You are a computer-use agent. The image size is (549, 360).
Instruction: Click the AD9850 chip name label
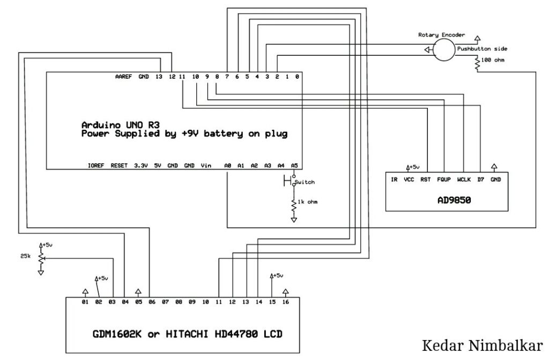coord(454,200)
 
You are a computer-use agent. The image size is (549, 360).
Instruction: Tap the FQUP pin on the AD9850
coord(443,180)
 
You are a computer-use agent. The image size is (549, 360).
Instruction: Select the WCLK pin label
coord(464,180)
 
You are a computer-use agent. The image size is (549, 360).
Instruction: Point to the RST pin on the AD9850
coord(425,180)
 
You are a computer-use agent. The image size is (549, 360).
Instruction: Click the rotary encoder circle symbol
coord(444,50)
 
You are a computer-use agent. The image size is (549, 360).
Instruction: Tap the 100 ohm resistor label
coord(493,60)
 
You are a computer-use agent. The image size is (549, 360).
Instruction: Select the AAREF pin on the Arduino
coord(123,76)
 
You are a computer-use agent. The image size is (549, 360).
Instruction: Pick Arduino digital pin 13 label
coord(159,76)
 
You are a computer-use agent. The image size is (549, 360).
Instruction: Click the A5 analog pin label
coord(294,165)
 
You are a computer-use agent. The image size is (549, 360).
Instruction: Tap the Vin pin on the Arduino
coord(206,165)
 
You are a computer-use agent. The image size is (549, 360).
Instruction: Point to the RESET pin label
coord(119,165)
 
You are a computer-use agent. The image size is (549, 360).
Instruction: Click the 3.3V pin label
coord(141,165)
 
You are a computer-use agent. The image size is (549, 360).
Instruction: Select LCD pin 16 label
coord(286,302)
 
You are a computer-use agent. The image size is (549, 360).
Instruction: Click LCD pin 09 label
coord(192,302)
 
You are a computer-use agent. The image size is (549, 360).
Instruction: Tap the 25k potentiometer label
coord(26,256)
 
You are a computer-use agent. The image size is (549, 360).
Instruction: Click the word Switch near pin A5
coord(305,182)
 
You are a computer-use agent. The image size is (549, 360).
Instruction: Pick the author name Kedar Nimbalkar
coord(482,346)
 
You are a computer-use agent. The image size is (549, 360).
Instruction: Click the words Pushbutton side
coord(482,49)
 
